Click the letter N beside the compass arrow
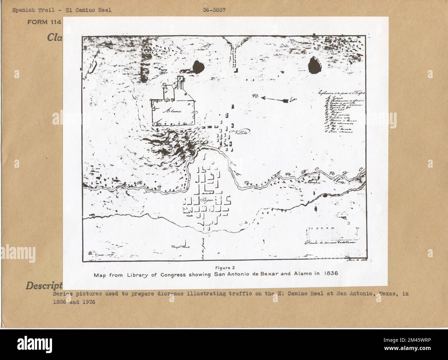click(x=255, y=96)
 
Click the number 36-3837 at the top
click(x=214, y=10)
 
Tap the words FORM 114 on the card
click(x=44, y=23)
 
